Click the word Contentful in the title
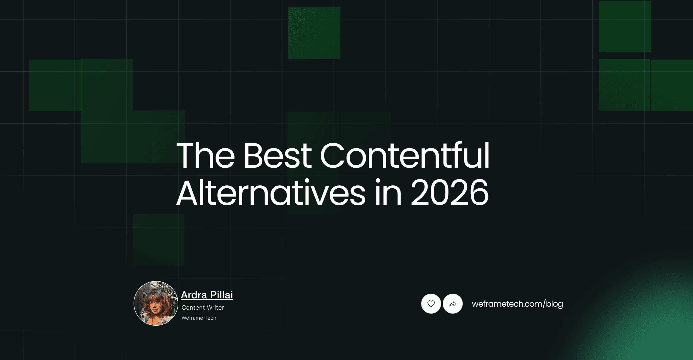click(x=404, y=155)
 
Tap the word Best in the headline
click(x=277, y=155)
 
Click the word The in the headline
click(x=206, y=155)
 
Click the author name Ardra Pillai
click(x=207, y=295)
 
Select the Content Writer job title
click(x=203, y=308)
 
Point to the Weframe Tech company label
click(x=199, y=318)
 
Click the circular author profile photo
click(x=156, y=303)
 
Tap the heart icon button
click(x=431, y=304)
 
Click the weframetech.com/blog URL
click(x=517, y=304)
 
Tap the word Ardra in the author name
click(x=194, y=295)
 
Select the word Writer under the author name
click(x=215, y=308)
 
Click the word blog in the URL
click(x=554, y=304)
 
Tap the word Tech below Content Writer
click(x=210, y=318)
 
